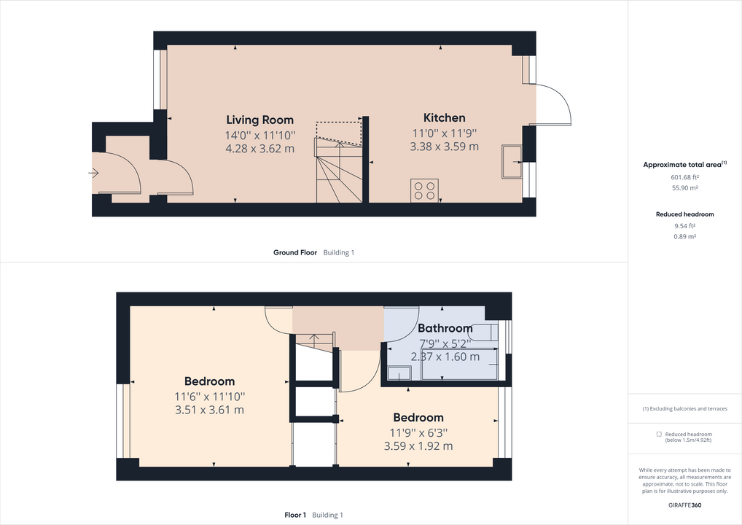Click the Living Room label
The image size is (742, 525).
click(x=259, y=120)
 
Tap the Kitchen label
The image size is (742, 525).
click(x=444, y=118)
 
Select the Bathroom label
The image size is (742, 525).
click(x=445, y=328)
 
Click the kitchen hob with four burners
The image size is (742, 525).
click(x=424, y=190)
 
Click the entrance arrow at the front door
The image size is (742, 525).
click(x=93, y=173)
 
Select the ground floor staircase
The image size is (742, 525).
click(x=338, y=172)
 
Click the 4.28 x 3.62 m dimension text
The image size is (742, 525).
click(x=259, y=149)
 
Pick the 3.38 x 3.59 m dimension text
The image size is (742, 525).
click(x=444, y=146)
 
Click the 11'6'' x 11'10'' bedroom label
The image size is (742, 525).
click(x=209, y=396)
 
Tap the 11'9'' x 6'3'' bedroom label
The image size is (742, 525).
click(x=418, y=432)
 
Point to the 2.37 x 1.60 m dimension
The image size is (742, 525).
click(x=445, y=357)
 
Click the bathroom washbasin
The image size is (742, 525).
click(x=399, y=373)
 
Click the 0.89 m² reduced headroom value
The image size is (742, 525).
click(x=684, y=236)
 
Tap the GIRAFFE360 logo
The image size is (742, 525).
click(x=685, y=505)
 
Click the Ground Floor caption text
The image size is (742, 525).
click(x=295, y=252)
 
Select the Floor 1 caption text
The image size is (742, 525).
click(x=295, y=515)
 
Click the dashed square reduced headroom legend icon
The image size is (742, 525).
click(x=659, y=433)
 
